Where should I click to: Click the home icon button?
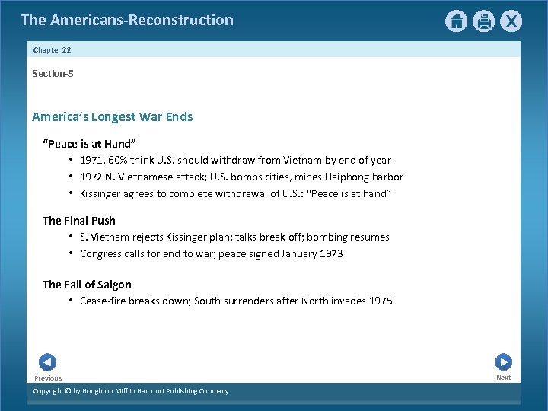coord(456,21)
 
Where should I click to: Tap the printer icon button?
coord(484,21)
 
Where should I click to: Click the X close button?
coord(511,21)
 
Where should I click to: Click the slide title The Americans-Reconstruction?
coord(127,20)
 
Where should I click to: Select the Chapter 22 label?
coord(53,49)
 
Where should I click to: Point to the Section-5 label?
coord(53,73)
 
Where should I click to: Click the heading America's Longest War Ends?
coord(113,116)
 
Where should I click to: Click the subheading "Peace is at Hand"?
coord(90,144)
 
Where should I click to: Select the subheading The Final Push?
coord(79,221)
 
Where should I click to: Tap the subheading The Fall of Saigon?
coord(87,285)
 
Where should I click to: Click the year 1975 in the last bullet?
coord(381,301)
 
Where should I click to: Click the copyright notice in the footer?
coord(131,391)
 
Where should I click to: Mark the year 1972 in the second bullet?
coord(91,177)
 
